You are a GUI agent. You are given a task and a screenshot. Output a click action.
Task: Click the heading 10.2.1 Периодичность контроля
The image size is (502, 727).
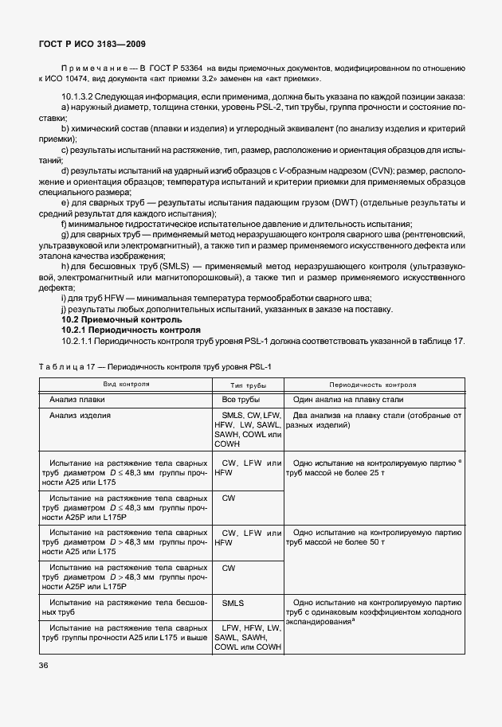point(126,329)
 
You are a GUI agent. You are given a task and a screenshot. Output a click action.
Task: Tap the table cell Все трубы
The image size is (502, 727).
point(241,399)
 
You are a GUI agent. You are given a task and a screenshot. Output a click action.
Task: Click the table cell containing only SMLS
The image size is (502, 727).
point(233,604)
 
